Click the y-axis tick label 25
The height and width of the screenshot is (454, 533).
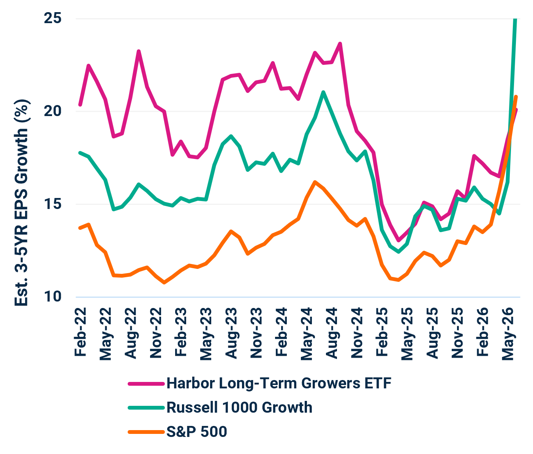point(52,18)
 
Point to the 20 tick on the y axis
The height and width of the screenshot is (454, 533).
point(52,111)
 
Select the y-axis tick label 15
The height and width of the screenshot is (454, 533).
point(52,204)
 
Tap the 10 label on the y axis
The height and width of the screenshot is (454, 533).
point(52,297)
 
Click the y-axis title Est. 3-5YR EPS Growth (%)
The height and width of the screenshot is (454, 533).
point(22,203)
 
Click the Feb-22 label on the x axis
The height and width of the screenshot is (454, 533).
point(80,332)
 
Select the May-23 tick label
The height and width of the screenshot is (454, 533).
point(206,334)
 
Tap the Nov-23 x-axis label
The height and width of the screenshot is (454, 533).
point(256,333)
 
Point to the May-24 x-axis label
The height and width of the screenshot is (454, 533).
point(307,334)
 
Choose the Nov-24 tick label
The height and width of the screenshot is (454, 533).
point(357,333)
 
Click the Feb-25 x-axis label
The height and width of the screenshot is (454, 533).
point(382,332)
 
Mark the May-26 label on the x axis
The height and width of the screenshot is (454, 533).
point(508,334)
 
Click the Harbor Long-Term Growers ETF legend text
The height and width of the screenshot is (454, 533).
point(279,383)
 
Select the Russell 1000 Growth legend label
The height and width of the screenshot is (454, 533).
point(240,407)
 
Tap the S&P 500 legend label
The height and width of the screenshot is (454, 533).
point(197,432)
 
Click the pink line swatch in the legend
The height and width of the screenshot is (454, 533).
point(146,384)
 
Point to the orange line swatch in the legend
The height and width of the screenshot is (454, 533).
point(146,432)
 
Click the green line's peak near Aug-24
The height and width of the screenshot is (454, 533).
point(323,92)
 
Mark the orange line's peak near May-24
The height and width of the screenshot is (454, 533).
point(315,182)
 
